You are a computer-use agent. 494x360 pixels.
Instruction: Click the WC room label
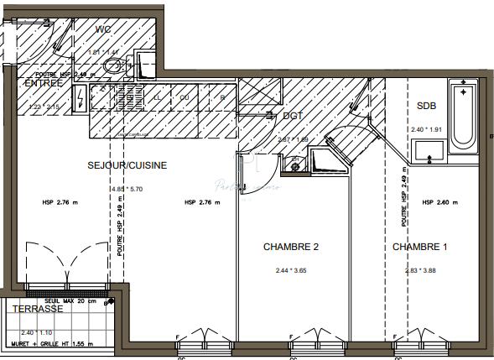point(104,31)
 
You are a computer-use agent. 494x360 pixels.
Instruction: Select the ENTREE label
point(43,83)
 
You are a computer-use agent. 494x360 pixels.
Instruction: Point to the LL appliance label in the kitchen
point(157,97)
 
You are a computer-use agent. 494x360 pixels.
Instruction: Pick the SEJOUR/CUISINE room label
point(127,165)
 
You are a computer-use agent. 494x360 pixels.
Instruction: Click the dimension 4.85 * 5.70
point(126,190)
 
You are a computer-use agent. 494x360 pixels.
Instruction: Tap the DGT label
point(293,116)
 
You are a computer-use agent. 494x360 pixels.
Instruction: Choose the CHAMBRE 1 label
point(420,247)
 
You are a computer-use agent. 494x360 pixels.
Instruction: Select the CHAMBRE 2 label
point(291,247)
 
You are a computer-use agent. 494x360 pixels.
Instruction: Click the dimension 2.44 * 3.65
point(292,270)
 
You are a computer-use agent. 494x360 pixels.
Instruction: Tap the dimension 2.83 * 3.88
point(421,270)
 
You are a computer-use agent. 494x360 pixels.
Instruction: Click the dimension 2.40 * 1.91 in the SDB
point(426,130)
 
